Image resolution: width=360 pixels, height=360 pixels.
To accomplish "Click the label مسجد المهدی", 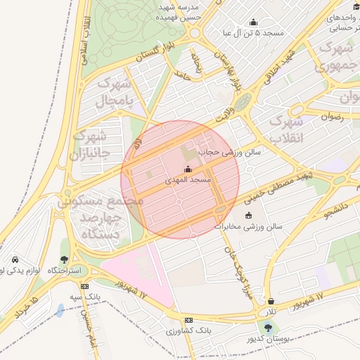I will (188, 181).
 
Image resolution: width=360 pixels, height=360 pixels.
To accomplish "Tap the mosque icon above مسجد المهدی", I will (188, 169).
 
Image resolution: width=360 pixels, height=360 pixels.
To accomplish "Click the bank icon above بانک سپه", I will (85, 286).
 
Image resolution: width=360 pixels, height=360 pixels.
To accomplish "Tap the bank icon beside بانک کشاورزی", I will (188, 319).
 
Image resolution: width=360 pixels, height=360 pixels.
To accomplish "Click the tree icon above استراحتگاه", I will (65, 259).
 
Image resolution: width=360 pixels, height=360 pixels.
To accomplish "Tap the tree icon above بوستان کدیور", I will (268, 328).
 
